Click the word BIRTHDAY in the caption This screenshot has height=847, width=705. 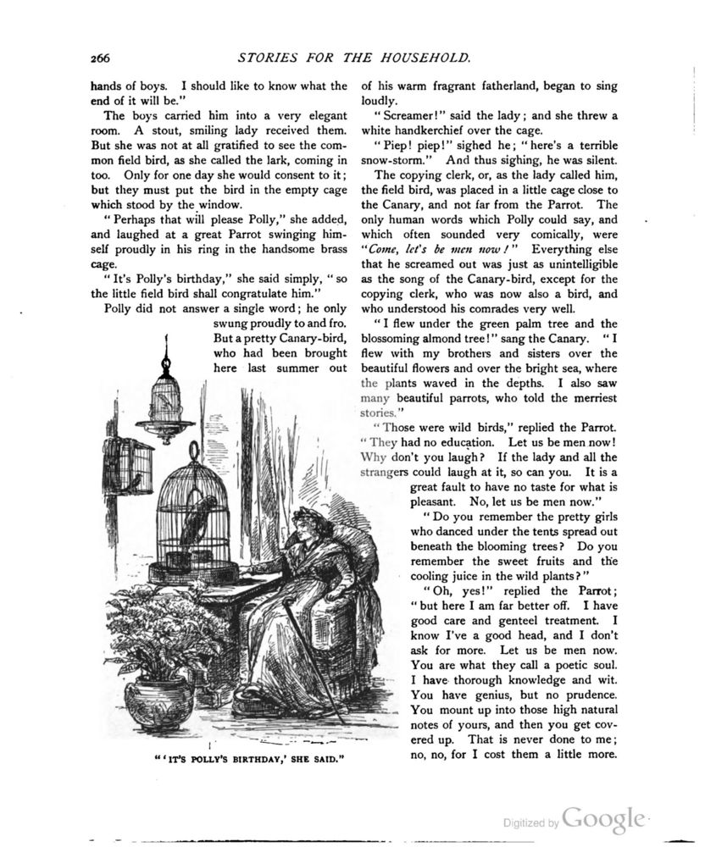[x=241, y=758]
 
